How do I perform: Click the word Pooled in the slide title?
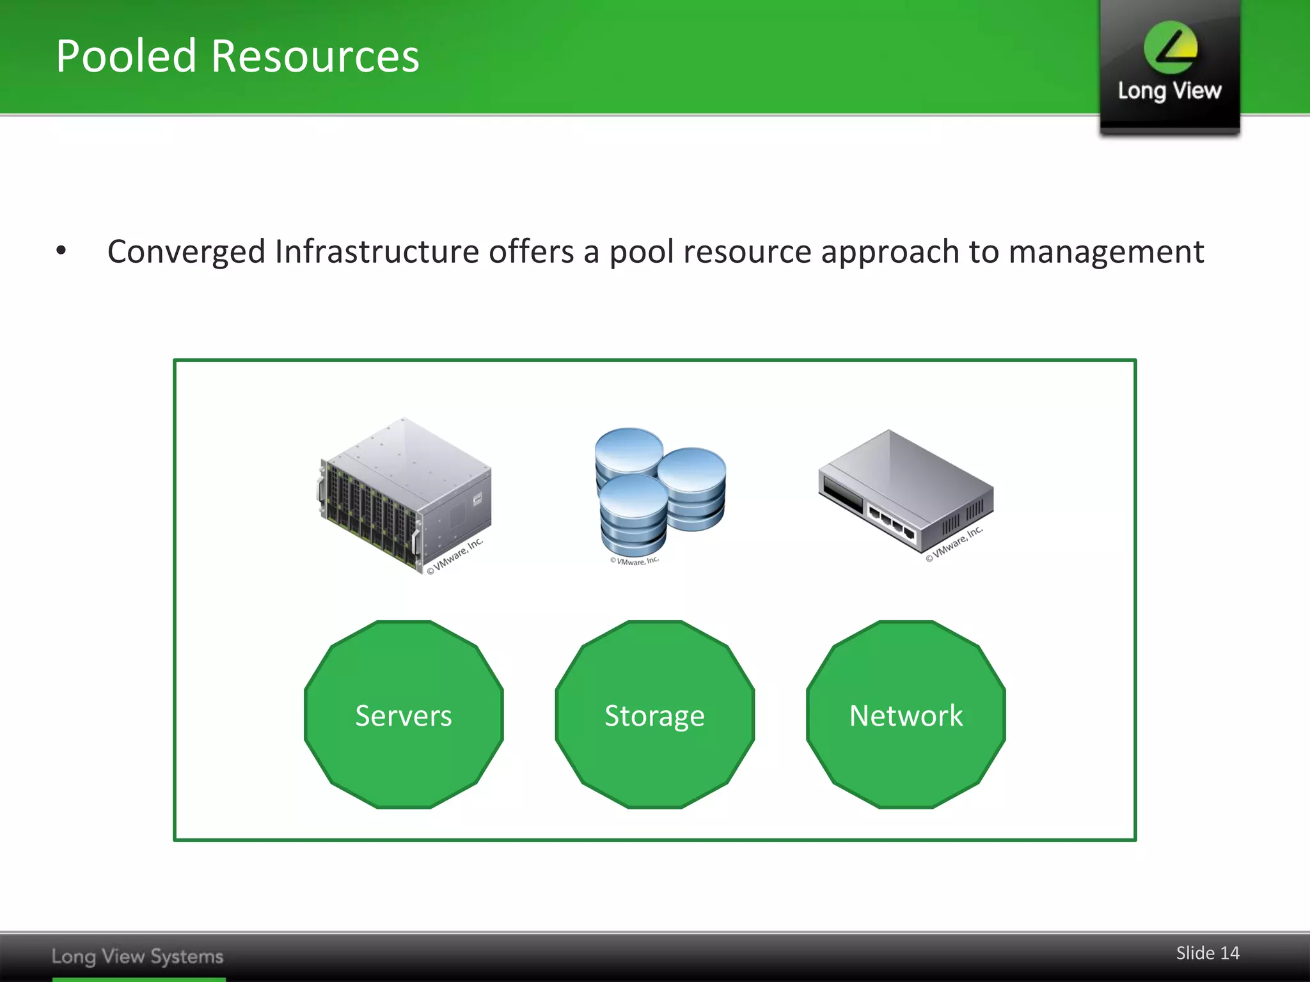coord(126,56)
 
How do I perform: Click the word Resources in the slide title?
coord(315,56)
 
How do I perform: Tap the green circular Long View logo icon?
coord(1171,47)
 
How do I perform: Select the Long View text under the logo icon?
coord(1169,91)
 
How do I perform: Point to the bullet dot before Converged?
coord(61,251)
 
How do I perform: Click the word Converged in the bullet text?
coord(185,252)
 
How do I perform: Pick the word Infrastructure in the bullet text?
coord(377,251)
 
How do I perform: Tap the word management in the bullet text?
coord(1106,252)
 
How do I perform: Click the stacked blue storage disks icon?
coord(659,489)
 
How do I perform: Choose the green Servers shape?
coord(404,715)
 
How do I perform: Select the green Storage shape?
coord(654,715)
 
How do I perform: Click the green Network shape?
coord(906,715)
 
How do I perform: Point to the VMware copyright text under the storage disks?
coord(634,561)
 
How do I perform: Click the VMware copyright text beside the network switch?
coord(954,544)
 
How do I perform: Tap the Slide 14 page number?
coord(1207,953)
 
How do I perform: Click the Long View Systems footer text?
coord(138,956)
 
